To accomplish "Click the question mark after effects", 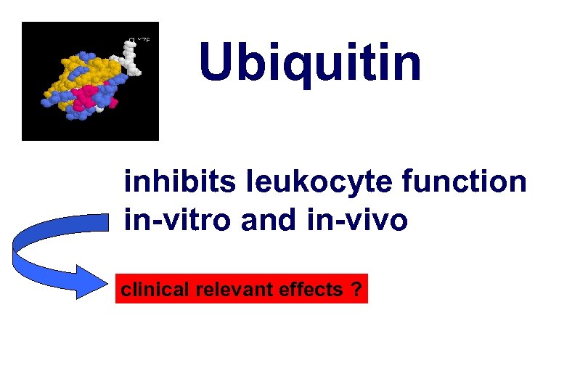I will pos(355,290).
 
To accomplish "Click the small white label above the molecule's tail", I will pos(139,40).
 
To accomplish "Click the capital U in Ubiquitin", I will pos(218,62).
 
